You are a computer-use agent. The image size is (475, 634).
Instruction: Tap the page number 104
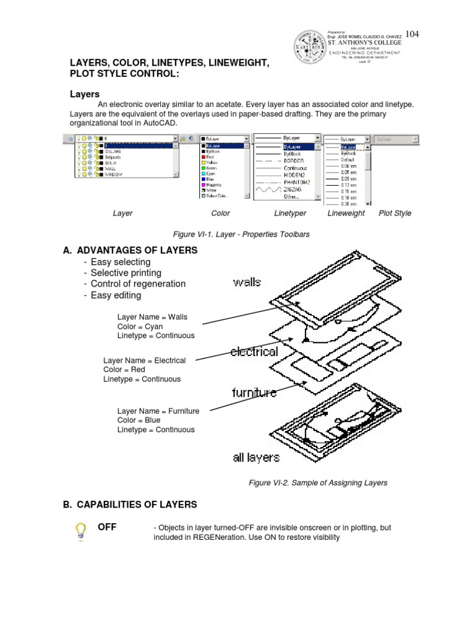(x=412, y=34)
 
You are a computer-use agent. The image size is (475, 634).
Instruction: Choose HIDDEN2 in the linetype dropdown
(x=294, y=176)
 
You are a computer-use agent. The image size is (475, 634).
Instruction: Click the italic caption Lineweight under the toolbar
(x=346, y=214)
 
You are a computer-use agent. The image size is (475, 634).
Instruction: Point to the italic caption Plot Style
(x=395, y=214)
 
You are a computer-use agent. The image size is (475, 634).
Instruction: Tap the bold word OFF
(x=107, y=528)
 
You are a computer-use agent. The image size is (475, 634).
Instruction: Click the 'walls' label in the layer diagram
(x=247, y=282)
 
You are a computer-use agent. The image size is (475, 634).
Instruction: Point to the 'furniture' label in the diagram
(x=254, y=393)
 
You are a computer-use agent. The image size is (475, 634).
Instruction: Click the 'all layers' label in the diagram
(x=256, y=458)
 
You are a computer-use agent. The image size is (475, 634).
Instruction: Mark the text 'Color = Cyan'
(x=140, y=326)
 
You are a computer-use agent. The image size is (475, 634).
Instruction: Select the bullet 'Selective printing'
(x=126, y=273)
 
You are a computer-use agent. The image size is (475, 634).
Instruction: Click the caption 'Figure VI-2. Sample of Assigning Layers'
(x=317, y=483)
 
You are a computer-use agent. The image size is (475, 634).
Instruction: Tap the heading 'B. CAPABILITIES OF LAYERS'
(x=130, y=505)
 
